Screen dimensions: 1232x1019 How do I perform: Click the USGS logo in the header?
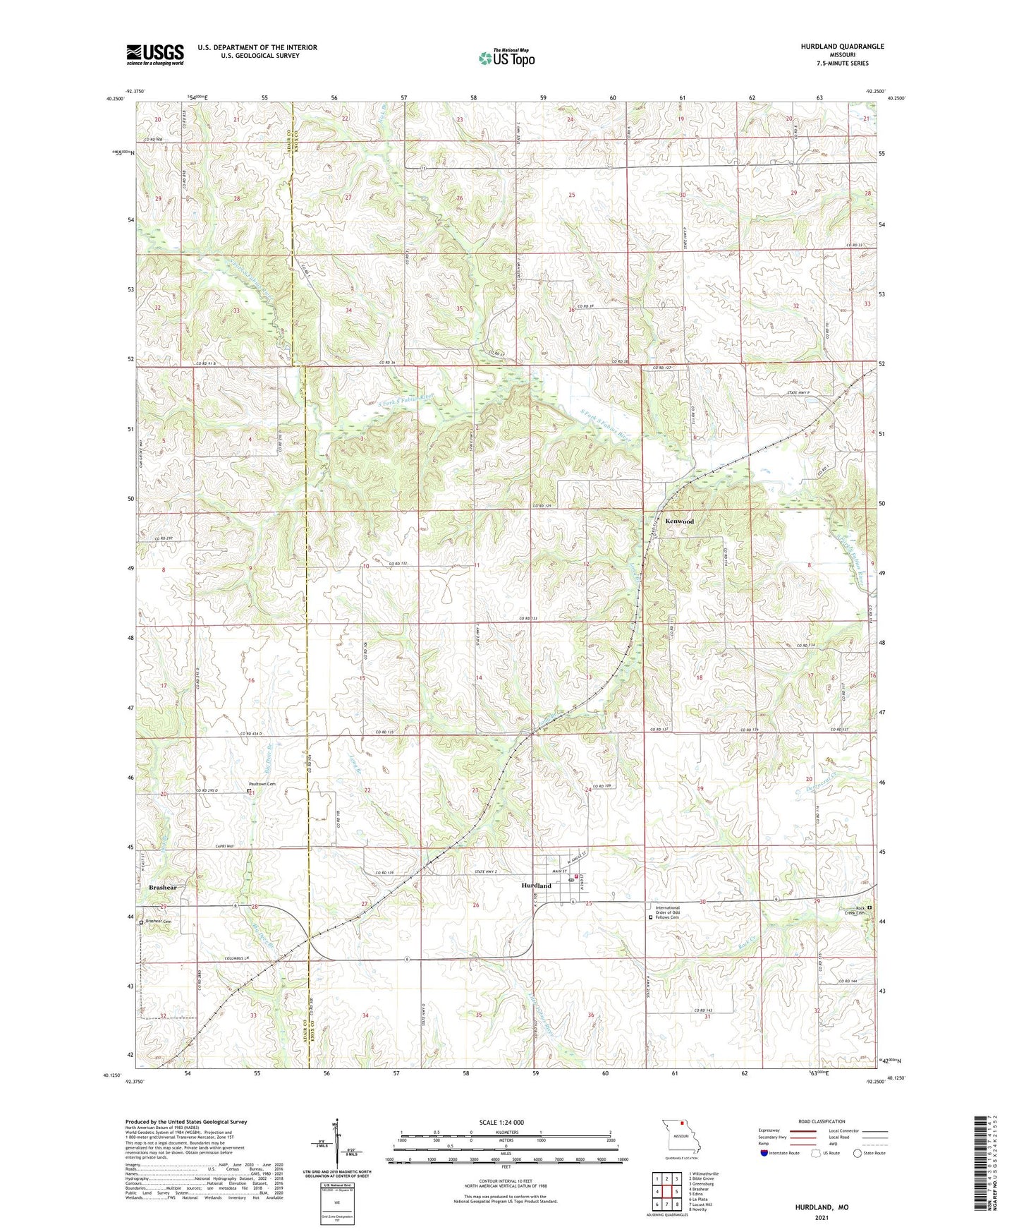[155, 54]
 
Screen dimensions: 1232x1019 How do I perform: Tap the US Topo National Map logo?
[506, 57]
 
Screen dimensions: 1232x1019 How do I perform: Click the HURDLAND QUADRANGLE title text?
[842, 47]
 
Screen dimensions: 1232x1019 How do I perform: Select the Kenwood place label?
[680, 521]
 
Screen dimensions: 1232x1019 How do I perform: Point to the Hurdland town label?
[536, 886]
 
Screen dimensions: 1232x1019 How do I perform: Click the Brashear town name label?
[162, 888]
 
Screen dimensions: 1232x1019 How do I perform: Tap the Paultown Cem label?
[261, 785]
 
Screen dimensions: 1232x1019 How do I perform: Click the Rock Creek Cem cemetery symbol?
[869, 908]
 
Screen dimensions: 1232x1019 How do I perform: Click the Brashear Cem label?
[159, 922]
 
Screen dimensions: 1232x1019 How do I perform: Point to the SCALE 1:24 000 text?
[501, 1122]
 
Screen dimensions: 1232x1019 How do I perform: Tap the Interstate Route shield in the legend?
[764, 1153]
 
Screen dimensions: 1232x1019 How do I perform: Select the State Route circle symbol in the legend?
[857, 1153]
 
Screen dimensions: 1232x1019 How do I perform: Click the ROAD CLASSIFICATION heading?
[822, 1121]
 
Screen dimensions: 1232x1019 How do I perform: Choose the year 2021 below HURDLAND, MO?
[822, 1217]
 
